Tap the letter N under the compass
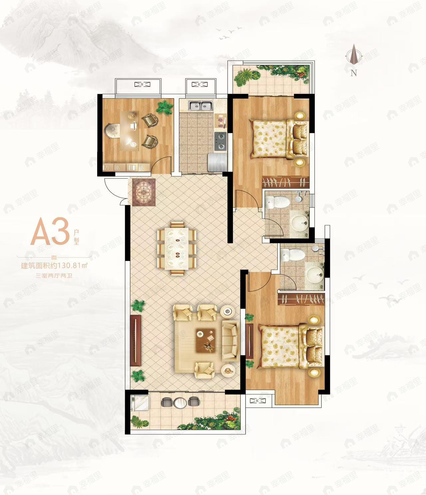coord(353,73)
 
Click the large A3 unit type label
coord(50,231)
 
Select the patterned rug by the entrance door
coord(144,192)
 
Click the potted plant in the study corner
coord(164,108)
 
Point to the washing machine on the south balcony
coord(140,402)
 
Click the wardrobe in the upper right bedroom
coord(286,182)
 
